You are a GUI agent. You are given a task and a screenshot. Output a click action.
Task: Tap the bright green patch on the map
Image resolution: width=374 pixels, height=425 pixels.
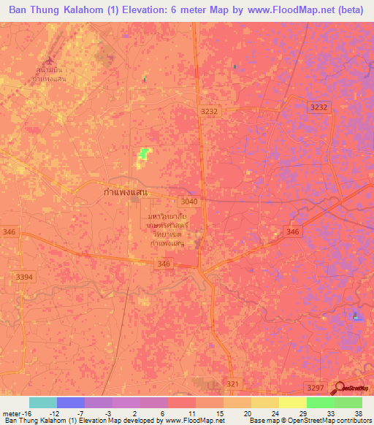144,153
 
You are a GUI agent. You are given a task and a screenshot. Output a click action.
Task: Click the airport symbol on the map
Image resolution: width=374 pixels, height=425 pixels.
50,61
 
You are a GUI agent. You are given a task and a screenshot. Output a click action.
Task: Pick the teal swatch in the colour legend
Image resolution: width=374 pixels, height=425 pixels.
43,402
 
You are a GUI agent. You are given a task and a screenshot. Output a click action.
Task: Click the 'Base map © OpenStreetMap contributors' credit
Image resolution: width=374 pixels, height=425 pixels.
310,421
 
